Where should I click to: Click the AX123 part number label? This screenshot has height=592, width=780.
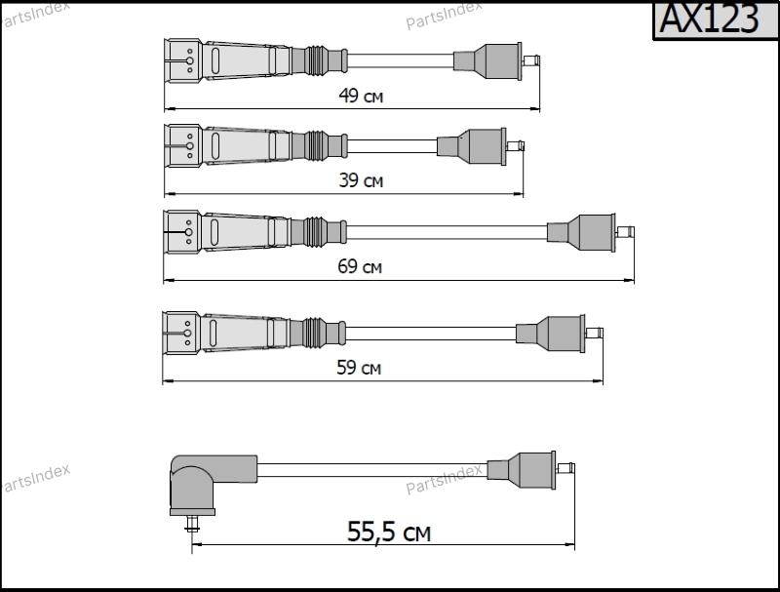coord(710,19)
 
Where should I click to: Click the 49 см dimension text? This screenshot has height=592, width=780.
coord(361,96)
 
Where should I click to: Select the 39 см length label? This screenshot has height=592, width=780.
coord(361,180)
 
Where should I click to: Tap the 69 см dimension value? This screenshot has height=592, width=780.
coord(360,266)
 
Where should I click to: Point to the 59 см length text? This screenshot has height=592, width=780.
coord(359,368)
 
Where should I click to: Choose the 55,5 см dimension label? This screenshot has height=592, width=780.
coord(388,532)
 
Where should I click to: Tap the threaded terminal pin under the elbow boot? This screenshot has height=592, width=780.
coord(191,525)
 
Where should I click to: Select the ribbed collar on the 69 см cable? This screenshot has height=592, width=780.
coord(315,232)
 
